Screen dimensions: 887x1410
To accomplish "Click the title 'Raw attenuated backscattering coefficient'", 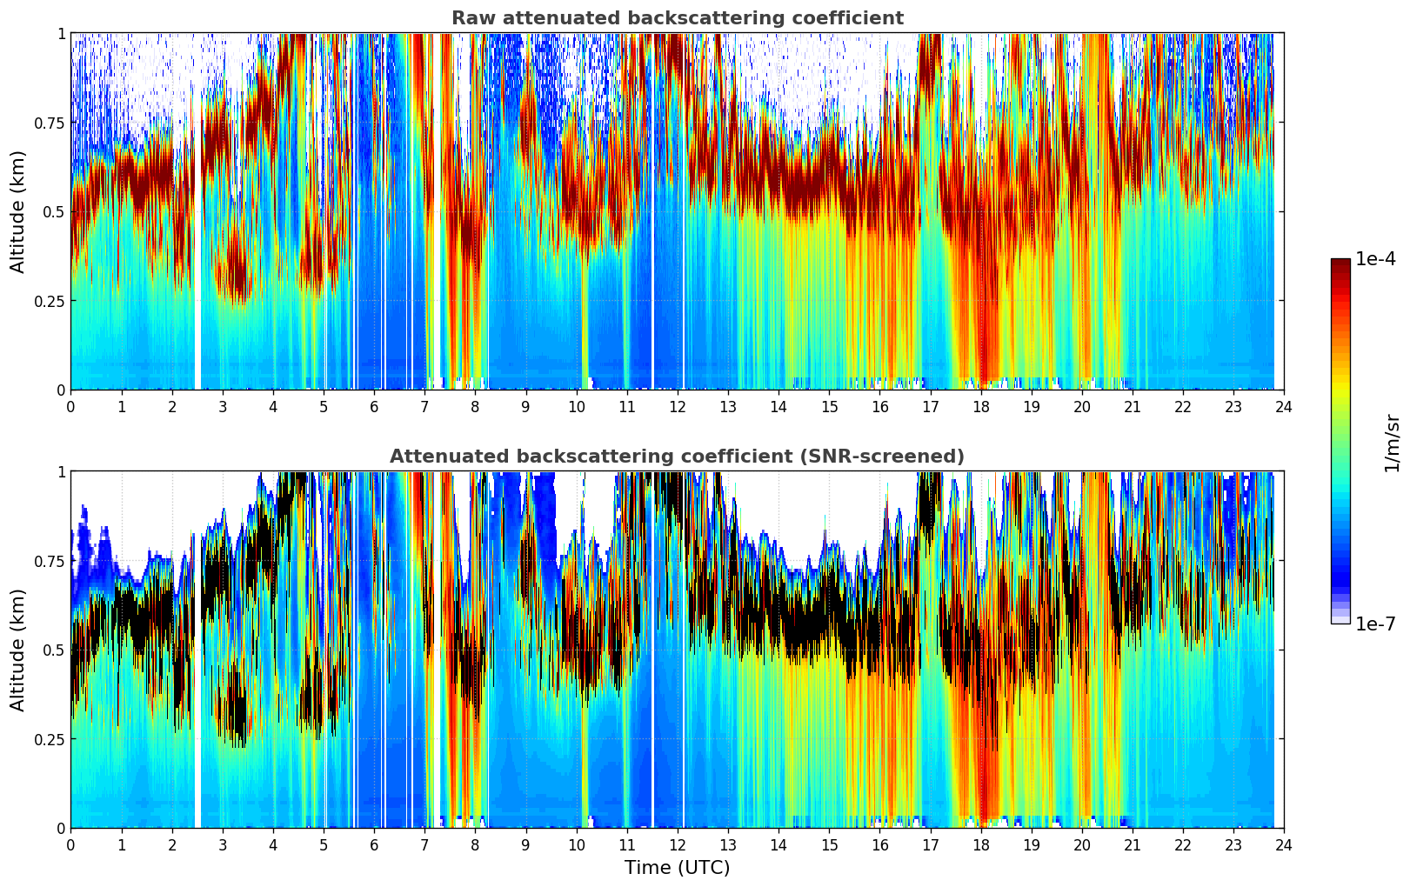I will pyautogui.click(x=677, y=18).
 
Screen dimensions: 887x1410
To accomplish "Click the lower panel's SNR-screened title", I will pyautogui.click(x=677, y=457).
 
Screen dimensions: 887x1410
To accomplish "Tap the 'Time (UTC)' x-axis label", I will pyautogui.click(x=677, y=868).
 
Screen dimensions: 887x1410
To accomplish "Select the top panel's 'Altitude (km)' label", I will pyautogui.click(x=18, y=211).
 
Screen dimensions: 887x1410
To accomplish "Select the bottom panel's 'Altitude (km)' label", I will pyautogui.click(x=18, y=650).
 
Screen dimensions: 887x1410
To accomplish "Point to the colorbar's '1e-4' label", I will pyautogui.click(x=1375, y=259).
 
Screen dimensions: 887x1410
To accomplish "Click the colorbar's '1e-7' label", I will pyautogui.click(x=1375, y=624).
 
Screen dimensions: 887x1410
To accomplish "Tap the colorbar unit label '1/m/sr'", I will pyautogui.click(x=1392, y=443).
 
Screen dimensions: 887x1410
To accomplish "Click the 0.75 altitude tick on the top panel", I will pyautogui.click(x=50, y=123).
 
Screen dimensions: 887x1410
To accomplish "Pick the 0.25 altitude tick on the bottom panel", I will pyautogui.click(x=50, y=739).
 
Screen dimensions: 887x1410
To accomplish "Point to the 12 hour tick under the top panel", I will pyautogui.click(x=678, y=406).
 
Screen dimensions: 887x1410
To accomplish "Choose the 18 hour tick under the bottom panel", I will pyautogui.click(x=981, y=844).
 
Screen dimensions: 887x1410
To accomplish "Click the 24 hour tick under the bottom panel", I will pyautogui.click(x=1284, y=844).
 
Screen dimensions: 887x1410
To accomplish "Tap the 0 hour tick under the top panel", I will pyautogui.click(x=71, y=406).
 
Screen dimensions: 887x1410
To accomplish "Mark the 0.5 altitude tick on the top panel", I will pyautogui.click(x=54, y=211).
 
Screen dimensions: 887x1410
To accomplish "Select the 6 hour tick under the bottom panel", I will pyautogui.click(x=374, y=844).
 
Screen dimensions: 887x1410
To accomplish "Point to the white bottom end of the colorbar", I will pyautogui.click(x=1340, y=620).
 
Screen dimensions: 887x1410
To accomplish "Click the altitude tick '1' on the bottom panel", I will pyautogui.click(x=61, y=472).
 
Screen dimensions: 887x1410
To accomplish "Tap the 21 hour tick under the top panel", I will pyautogui.click(x=1133, y=406).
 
